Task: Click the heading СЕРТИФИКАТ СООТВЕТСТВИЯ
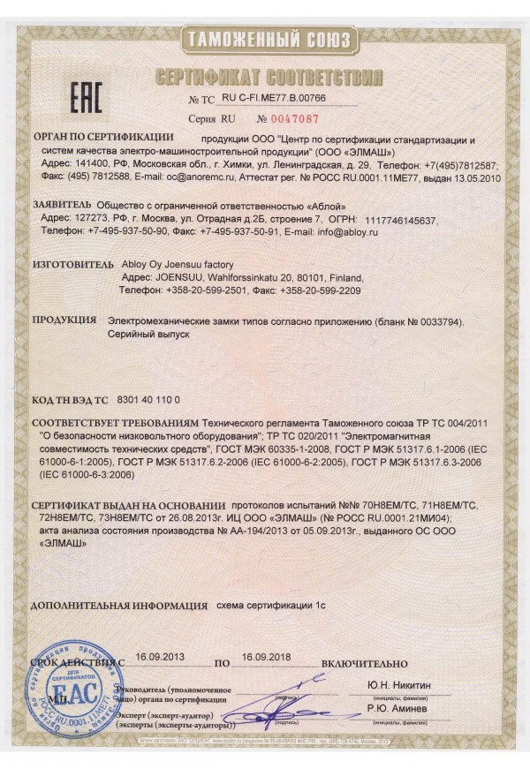pos(268,77)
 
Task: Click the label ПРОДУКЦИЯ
pos(64,320)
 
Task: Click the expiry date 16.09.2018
pos(266,657)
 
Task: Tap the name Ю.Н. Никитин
pos(399,684)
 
